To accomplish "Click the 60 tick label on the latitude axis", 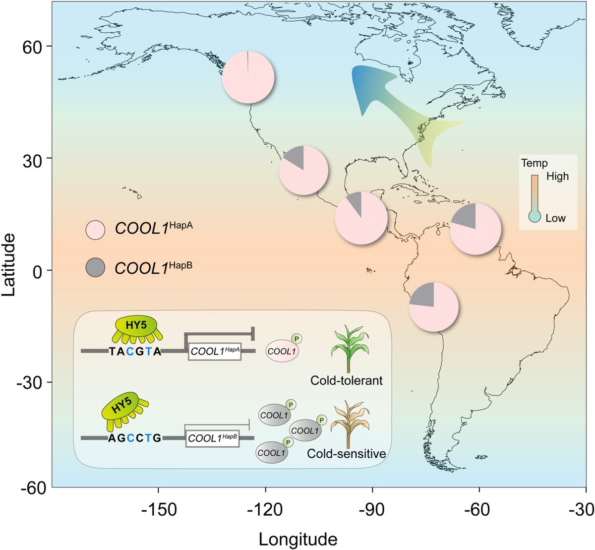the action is click(x=32, y=47).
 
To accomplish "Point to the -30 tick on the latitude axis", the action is click(x=49, y=382).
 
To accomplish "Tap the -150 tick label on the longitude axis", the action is click(x=159, y=509).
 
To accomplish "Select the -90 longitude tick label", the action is click(x=372, y=509).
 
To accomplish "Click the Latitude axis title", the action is click(x=8, y=265).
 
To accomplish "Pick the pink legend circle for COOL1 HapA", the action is click(x=95, y=230).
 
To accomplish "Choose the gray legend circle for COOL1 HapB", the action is click(x=95, y=267).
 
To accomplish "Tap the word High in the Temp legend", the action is click(x=557, y=176).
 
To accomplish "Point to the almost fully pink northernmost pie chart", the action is click(x=248, y=77).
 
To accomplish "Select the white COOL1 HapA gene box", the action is click(x=215, y=351).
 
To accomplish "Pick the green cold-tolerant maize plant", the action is click(x=350, y=349).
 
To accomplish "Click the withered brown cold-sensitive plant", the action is click(x=350, y=424).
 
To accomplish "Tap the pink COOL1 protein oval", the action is click(x=282, y=351).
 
